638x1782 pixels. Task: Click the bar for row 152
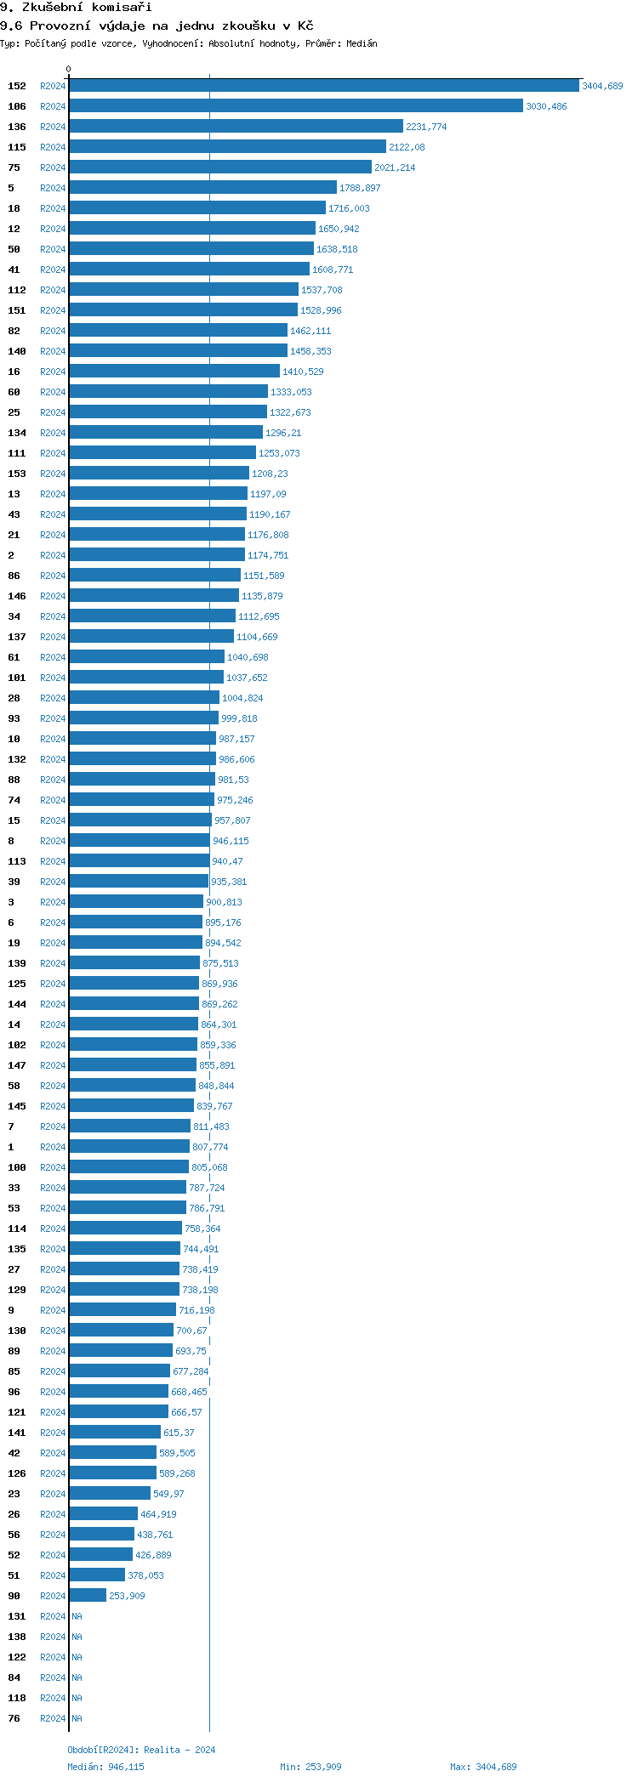point(323,86)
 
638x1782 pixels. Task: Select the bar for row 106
point(295,106)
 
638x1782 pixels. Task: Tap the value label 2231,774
point(426,127)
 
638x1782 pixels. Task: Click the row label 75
point(14,167)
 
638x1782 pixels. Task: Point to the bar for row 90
point(88,1596)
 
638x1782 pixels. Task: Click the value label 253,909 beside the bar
point(127,1596)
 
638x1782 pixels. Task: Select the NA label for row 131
point(77,1616)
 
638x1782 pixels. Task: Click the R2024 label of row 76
point(53,1718)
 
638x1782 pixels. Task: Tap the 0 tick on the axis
point(69,69)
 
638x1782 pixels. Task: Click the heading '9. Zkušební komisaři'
point(76,8)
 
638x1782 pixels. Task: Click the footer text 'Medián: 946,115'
point(105,1767)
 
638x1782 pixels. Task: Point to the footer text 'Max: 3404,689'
point(483,1767)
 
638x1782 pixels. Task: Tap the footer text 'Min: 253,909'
point(310,1767)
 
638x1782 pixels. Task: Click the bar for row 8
point(140,841)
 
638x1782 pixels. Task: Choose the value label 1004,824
point(242,698)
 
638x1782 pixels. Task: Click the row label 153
point(17,474)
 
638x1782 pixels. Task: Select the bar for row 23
point(110,1494)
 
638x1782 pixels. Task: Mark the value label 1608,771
point(333,270)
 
